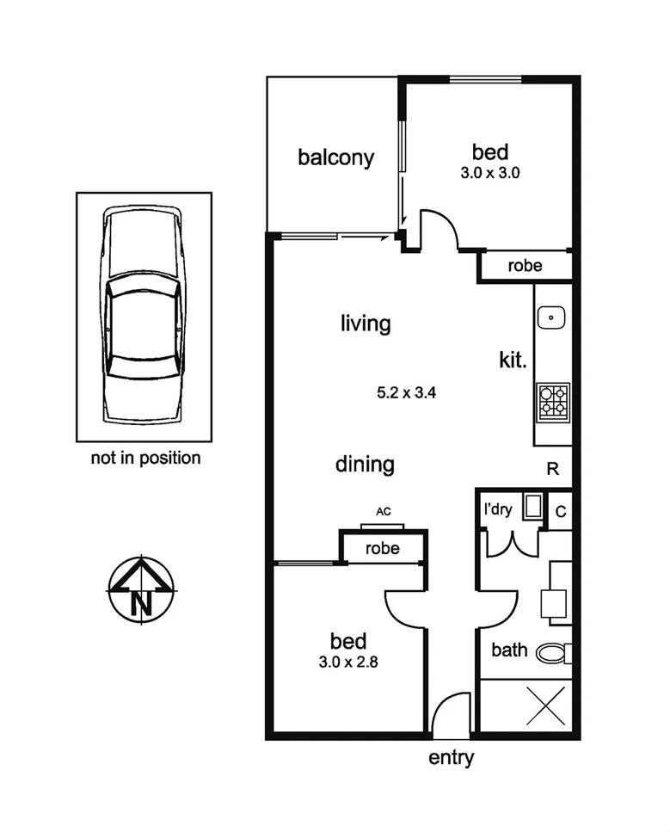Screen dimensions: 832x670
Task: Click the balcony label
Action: (335, 157)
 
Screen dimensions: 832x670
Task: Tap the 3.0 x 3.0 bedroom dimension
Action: (490, 172)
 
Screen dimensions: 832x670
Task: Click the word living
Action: (366, 324)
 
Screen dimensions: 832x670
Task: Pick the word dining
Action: (365, 465)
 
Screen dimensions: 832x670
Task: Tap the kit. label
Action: (513, 360)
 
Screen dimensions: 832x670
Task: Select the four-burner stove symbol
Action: (553, 401)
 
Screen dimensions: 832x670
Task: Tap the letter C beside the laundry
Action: (560, 511)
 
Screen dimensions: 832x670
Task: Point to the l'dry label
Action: (498, 509)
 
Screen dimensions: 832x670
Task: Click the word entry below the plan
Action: (451, 758)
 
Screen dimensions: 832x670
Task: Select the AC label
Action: (384, 512)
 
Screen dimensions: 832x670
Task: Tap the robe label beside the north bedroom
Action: (525, 266)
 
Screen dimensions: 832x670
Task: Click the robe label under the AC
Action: (382, 548)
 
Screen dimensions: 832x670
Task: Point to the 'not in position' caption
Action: (145, 458)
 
